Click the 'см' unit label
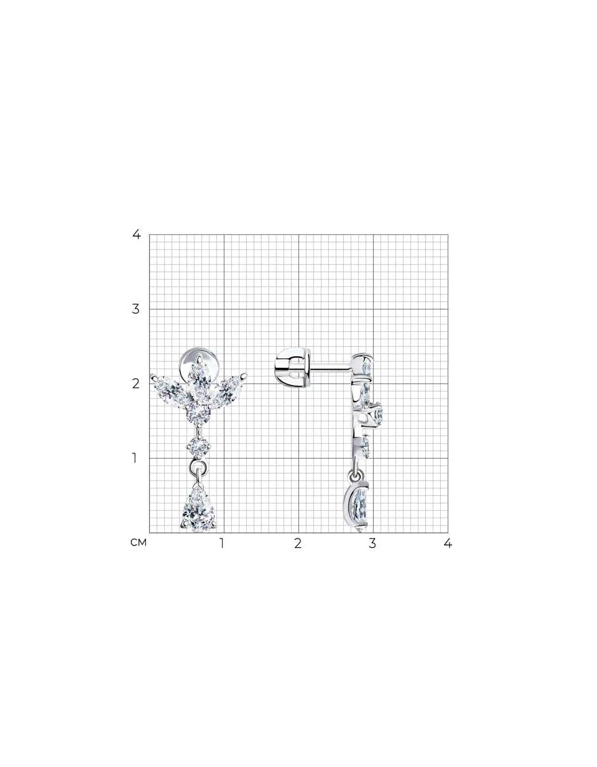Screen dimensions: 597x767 tap(139, 542)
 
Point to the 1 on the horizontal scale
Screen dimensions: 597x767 tap(222, 543)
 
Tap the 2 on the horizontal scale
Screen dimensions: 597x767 tap(298, 543)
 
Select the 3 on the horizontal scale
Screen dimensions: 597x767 tap(373, 543)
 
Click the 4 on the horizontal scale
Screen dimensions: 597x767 tap(448, 543)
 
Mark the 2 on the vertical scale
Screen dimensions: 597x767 tap(136, 384)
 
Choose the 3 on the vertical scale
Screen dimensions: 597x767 tap(136, 309)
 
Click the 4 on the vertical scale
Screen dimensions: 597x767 tap(136, 234)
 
